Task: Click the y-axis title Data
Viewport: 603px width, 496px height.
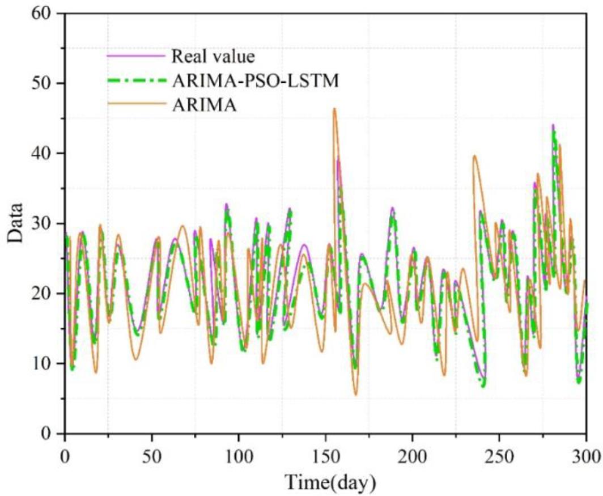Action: pyautogui.click(x=16, y=223)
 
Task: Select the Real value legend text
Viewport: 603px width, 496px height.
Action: pyautogui.click(x=213, y=57)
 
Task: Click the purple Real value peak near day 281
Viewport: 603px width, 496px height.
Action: pyautogui.click(x=553, y=125)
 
